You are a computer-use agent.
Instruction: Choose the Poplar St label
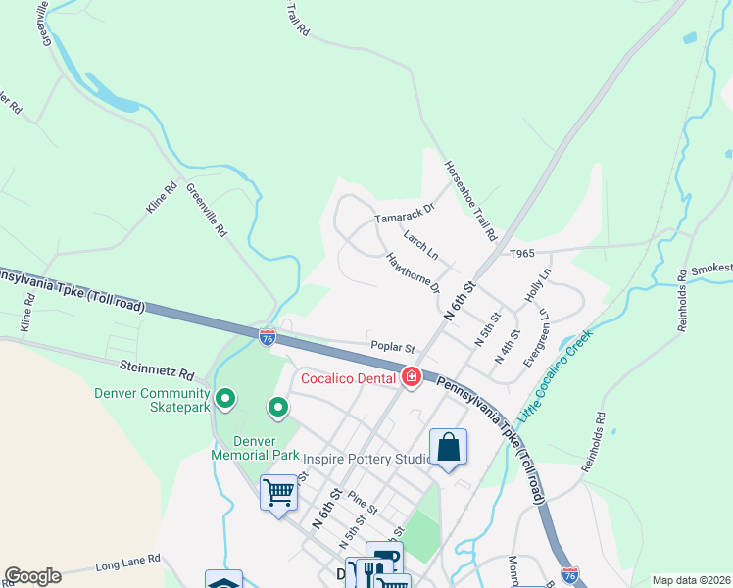393,347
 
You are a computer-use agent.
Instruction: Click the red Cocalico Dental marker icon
412,377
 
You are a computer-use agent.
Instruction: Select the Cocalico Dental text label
347,378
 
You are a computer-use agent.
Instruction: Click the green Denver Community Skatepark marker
224,398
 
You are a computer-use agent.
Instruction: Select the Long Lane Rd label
127,563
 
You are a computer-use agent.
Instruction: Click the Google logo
32,576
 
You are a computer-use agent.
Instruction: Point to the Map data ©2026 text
690,580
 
